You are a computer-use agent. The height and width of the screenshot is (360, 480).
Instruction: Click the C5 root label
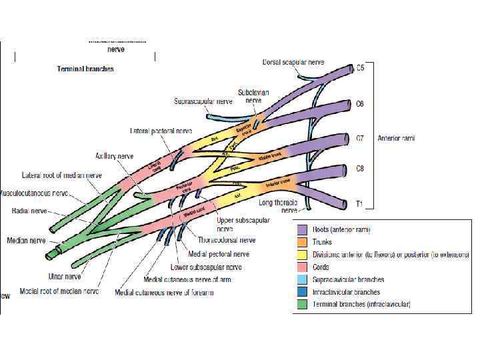pos(360,68)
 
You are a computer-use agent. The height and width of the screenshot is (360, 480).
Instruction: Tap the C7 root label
pos(360,138)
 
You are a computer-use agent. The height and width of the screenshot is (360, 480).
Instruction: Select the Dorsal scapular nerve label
pos(293,62)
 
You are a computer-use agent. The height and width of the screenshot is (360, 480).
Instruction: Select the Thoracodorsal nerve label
pos(227,239)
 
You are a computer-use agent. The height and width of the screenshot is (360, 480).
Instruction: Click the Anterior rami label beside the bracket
pos(397,138)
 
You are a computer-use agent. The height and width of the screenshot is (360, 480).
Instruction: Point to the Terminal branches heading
pos(85,69)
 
